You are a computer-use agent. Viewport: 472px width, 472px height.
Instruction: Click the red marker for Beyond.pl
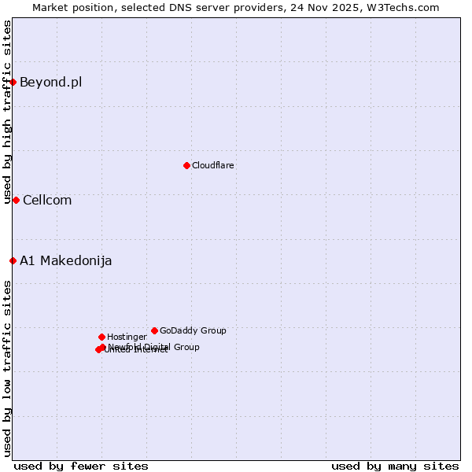(x=13, y=82)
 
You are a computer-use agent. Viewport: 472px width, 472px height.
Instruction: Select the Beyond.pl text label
(x=50, y=82)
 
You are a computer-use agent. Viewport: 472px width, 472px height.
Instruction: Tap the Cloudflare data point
(x=186, y=165)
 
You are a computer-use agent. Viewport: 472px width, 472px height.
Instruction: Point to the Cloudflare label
(x=212, y=165)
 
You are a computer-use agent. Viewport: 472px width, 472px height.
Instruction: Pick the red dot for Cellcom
(x=16, y=200)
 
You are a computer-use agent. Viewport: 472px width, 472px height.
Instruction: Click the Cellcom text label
(x=47, y=200)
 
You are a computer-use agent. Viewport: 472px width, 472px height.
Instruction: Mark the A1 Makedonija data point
(x=13, y=260)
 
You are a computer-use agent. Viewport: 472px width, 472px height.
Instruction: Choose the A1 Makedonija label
(x=65, y=260)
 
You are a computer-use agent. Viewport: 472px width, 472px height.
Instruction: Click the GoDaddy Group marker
(x=154, y=330)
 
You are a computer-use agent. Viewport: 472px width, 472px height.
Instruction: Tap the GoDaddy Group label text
(x=193, y=330)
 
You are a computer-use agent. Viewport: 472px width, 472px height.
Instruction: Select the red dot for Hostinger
(x=101, y=337)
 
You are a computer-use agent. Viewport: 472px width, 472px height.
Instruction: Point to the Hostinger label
(x=127, y=337)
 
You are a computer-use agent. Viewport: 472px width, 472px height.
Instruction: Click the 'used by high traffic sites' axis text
(x=7, y=112)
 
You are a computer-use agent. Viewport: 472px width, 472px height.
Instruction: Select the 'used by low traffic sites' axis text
(x=7, y=368)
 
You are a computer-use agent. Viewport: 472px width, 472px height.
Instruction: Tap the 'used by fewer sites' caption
(x=81, y=466)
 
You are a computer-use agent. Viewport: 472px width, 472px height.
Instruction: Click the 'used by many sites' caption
(x=395, y=466)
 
